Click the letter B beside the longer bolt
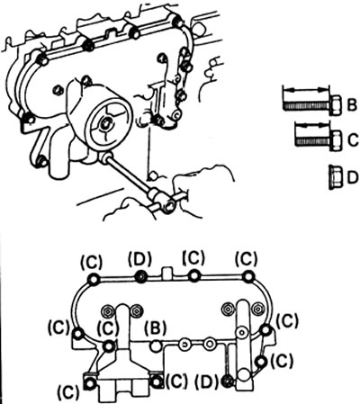pyautogui.click(x=351, y=105)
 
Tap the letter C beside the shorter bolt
pyautogui.click(x=354, y=140)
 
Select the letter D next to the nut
pyautogui.click(x=353, y=177)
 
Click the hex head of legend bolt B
pyautogui.click(x=336, y=105)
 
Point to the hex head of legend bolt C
pyautogui.click(x=336, y=140)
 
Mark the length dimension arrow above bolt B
pyautogui.click(x=305, y=89)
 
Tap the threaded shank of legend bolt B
pyautogui.click(x=306, y=106)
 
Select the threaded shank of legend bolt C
pyautogui.click(x=312, y=140)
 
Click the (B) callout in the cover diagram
pyautogui.click(x=156, y=328)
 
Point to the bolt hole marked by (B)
pyautogui.click(x=156, y=346)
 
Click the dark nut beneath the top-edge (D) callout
pyautogui.click(x=140, y=277)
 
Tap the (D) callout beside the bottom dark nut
pyautogui.click(x=206, y=381)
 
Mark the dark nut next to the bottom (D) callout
pyautogui.click(x=228, y=382)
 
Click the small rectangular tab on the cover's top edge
pyautogui.click(x=166, y=273)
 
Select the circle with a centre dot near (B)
pyautogui.click(x=184, y=345)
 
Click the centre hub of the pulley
pyautogui.click(x=105, y=123)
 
